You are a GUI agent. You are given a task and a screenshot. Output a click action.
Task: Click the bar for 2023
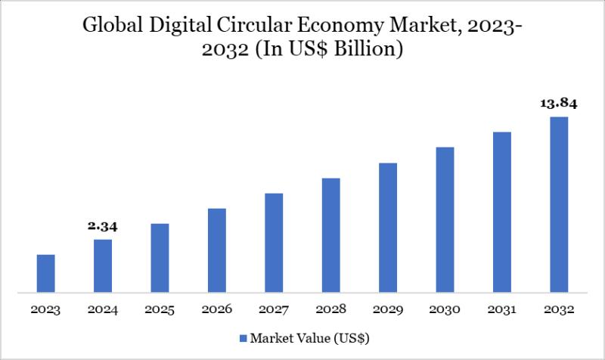point(46,273)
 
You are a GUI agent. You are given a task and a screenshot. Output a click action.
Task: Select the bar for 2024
point(103,265)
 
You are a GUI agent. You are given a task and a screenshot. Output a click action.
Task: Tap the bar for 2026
point(217,250)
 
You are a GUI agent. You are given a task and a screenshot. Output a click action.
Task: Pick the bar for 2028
point(330,234)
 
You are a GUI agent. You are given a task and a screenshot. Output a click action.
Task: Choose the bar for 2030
point(445,219)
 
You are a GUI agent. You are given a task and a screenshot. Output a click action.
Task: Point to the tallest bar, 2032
point(559,204)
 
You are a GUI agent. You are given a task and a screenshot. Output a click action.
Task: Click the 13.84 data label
point(559,104)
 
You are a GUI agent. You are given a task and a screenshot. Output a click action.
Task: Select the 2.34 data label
point(103,226)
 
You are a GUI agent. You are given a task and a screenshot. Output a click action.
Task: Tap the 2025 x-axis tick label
point(160,310)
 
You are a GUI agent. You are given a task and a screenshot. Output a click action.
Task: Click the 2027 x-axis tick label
point(274,310)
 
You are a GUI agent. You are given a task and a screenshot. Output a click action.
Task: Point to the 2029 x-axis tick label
point(388,310)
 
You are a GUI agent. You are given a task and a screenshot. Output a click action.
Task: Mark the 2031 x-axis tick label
point(502,310)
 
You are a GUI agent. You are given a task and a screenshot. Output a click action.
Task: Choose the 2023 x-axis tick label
point(46,310)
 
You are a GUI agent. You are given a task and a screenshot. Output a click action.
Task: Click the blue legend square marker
point(243,337)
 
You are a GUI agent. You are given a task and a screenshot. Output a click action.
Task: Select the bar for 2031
point(502,212)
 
